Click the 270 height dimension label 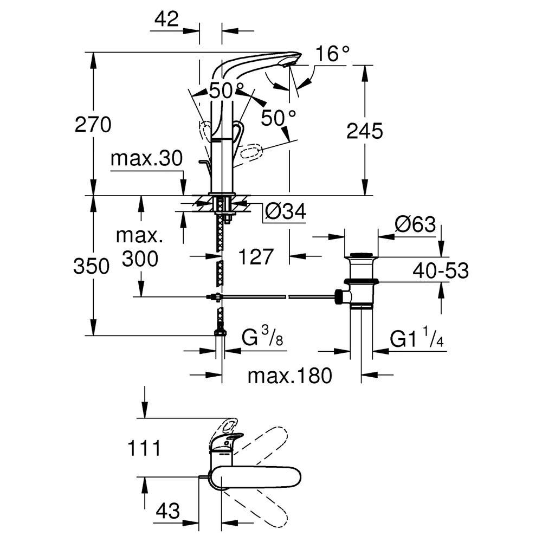point(93,125)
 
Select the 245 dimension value point(365,131)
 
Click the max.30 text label point(146,158)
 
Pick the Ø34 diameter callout point(286,211)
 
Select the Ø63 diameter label point(415,224)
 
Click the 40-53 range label point(441,270)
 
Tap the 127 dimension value point(256,257)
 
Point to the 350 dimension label point(91,267)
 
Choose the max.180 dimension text point(289,376)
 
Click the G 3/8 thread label point(262,337)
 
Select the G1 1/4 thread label point(417,337)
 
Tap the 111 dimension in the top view point(144,448)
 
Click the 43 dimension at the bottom point(167,511)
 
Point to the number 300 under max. point(140,259)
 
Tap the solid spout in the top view point(256,478)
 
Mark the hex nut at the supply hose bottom point(220,333)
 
